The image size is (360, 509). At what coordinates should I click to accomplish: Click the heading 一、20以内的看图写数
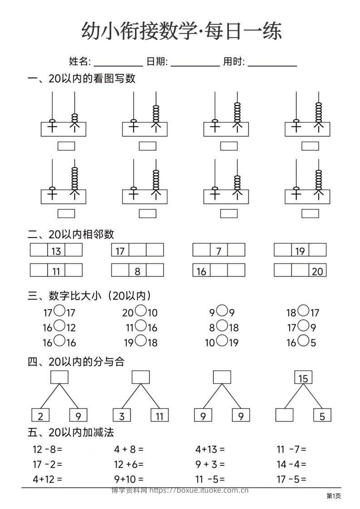point(82,79)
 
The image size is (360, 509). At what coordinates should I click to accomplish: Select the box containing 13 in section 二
point(56,250)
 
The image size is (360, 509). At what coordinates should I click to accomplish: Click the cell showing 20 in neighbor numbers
point(317,271)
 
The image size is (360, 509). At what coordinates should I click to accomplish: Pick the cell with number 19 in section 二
point(300,250)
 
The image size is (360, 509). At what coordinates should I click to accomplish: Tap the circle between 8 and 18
point(222,326)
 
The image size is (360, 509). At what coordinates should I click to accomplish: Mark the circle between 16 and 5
point(304,341)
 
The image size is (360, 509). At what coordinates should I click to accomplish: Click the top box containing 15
point(304,377)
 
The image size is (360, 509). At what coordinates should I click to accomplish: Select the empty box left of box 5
point(285,415)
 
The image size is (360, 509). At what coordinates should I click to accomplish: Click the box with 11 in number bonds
point(159,415)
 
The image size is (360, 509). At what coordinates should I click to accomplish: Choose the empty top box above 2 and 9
point(59,377)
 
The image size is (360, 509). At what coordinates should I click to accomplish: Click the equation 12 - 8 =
point(47,450)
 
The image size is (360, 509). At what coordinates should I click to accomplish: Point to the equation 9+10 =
point(129,479)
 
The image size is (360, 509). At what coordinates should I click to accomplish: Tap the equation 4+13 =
point(210,450)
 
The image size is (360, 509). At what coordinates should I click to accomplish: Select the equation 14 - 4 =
point(291,464)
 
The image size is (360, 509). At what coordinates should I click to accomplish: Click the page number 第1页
point(334,496)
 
